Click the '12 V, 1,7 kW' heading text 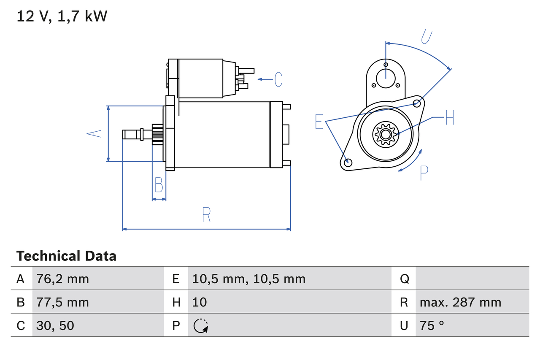[62, 16]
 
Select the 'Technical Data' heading [66, 256]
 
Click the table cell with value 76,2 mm [63, 279]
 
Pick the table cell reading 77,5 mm [63, 302]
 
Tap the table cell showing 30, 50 [55, 325]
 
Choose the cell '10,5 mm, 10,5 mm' [249, 279]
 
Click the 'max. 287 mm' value [460, 302]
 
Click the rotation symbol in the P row [201, 326]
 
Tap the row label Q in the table [404, 279]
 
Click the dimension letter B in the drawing [159, 185]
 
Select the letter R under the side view [206, 215]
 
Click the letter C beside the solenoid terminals [278, 79]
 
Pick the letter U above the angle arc [427, 37]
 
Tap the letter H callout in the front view [449, 117]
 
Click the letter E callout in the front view [319, 122]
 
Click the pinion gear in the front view [385, 134]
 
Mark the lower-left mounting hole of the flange [348, 162]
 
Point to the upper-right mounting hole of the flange [417, 103]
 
